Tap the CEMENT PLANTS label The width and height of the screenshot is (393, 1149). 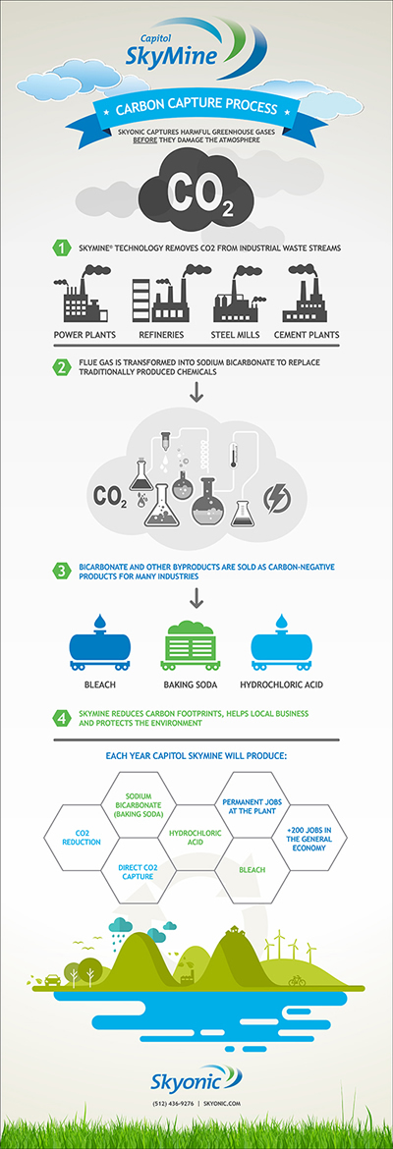point(307,335)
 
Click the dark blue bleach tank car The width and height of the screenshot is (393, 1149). point(99,642)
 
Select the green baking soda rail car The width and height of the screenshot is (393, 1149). point(192,644)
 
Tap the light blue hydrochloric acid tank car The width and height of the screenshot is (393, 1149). point(282,642)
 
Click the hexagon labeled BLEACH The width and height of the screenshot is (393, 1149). point(253,870)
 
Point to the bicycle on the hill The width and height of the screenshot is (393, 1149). point(297,980)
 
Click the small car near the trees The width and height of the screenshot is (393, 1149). point(53,979)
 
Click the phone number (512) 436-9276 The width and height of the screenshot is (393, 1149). point(174,1123)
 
